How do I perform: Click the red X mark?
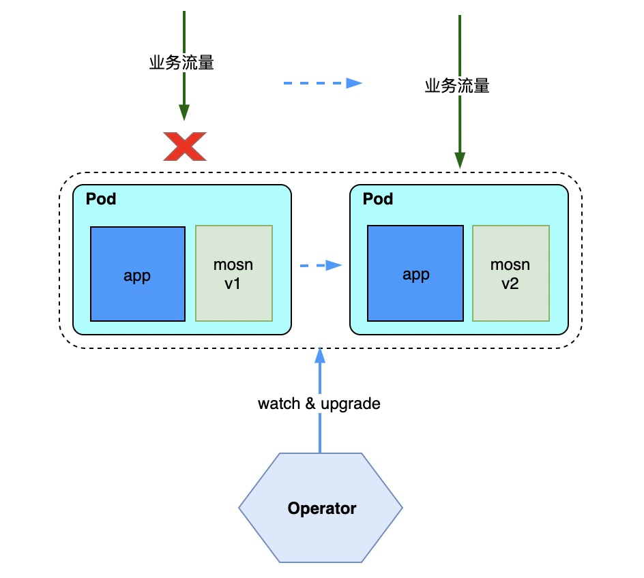click(185, 147)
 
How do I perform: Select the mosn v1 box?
click(234, 273)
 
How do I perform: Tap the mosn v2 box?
click(511, 273)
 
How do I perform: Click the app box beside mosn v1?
click(138, 274)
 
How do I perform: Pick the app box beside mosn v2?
click(415, 273)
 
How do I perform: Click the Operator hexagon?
click(321, 508)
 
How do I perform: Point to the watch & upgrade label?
click(319, 404)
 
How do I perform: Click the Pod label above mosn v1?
click(101, 199)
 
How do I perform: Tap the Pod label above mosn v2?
click(378, 199)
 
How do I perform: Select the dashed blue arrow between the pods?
click(321, 265)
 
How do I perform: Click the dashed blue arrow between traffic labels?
click(323, 83)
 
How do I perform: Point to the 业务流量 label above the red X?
click(181, 63)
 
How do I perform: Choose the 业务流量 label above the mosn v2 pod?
click(457, 86)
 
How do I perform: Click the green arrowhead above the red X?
click(184, 112)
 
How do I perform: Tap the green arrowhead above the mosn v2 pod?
click(460, 160)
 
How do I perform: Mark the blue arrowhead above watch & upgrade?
click(320, 355)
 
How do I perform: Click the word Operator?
click(322, 508)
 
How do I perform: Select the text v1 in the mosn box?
click(233, 284)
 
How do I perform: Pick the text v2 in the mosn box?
click(510, 284)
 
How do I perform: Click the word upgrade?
click(351, 404)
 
